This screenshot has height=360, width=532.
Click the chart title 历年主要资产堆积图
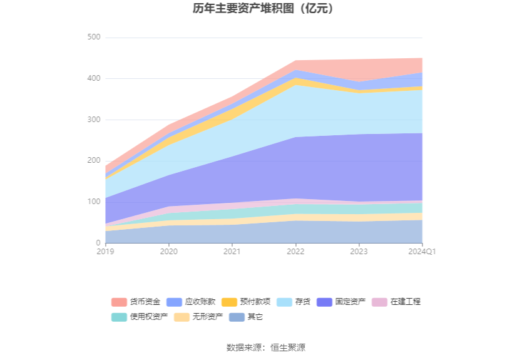pos(265,9)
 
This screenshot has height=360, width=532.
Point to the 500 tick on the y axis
pos(94,38)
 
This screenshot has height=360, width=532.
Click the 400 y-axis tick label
pos(94,79)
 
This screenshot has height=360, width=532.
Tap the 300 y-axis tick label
pos(94,120)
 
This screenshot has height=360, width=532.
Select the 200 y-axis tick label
pos(94,161)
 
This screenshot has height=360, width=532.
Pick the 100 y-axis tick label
pos(94,202)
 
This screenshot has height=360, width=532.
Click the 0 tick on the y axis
pos(98,243)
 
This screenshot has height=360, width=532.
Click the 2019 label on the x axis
pos(106,252)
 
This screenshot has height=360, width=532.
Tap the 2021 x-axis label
pos(232,252)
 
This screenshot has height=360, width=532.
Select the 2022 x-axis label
pos(295,252)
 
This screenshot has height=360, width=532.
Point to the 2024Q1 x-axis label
pos(422,252)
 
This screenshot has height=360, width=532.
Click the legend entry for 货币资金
pos(136,302)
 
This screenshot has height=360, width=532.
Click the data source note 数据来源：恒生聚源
pos(265,347)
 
